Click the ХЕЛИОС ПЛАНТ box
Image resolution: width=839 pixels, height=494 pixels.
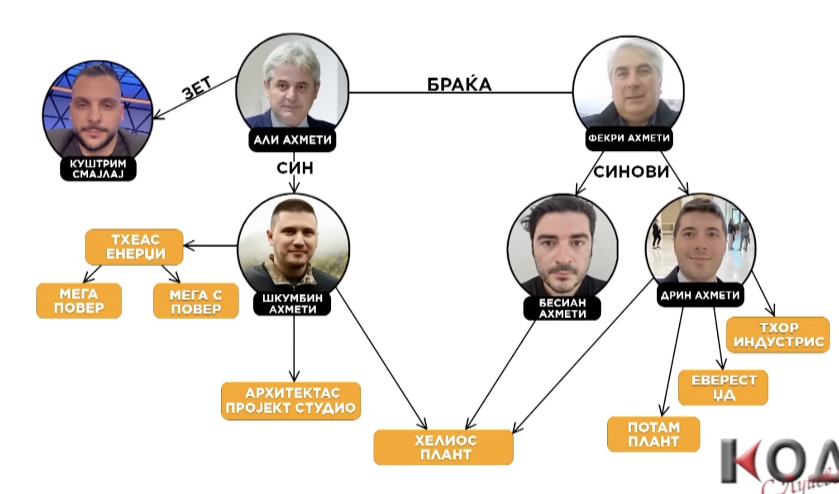[443, 447]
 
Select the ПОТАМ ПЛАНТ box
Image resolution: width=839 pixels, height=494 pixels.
[653, 434]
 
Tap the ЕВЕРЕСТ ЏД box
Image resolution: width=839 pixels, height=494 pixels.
[723, 387]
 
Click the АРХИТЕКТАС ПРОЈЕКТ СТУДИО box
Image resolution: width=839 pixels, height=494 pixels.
[291, 400]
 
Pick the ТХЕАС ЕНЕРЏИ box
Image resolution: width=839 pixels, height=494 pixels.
[134, 247]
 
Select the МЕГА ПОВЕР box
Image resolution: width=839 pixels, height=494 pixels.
[79, 301]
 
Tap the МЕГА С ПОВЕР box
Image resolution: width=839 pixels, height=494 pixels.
[196, 301]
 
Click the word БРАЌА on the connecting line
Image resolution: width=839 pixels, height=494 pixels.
[459, 85]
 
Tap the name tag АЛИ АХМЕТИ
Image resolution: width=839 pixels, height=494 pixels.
[292, 140]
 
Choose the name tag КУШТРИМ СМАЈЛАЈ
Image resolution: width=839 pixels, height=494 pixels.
[98, 169]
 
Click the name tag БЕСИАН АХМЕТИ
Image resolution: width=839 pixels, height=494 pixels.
[562, 308]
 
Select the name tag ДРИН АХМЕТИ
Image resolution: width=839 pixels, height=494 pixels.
[700, 295]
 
